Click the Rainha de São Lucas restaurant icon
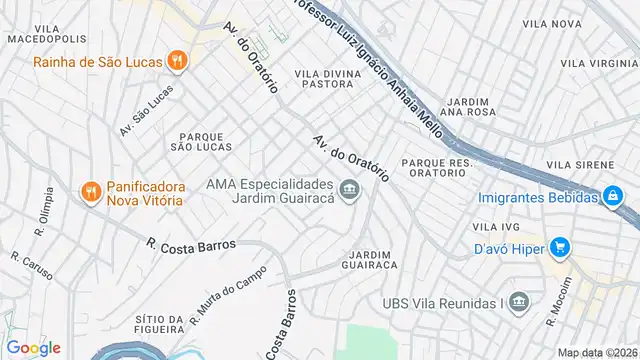pyautogui.click(x=177, y=61)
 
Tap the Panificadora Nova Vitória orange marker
pyautogui.click(x=89, y=190)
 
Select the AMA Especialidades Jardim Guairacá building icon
pyautogui.click(x=349, y=189)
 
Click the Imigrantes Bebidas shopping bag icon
pyautogui.click(x=612, y=196)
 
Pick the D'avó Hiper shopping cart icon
pyautogui.click(x=559, y=246)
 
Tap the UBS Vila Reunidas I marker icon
pyautogui.click(x=518, y=302)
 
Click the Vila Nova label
pyautogui.click(x=551, y=23)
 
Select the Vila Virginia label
pyautogui.click(x=600, y=63)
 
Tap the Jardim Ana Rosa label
pyautogui.click(x=469, y=107)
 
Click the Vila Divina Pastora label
pyautogui.click(x=324, y=79)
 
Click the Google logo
pyautogui.click(x=34, y=348)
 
